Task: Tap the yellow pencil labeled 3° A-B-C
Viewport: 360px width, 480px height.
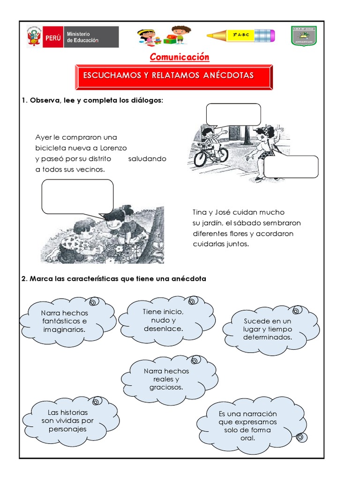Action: [x=241, y=35]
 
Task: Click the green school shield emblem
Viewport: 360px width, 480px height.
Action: [x=304, y=36]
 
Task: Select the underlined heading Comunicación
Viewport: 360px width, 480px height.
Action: [x=180, y=57]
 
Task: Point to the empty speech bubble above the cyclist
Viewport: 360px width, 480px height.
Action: [x=233, y=115]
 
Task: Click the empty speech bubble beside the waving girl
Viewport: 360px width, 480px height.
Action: [x=291, y=167]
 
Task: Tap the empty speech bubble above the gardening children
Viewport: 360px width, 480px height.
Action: [x=77, y=196]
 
